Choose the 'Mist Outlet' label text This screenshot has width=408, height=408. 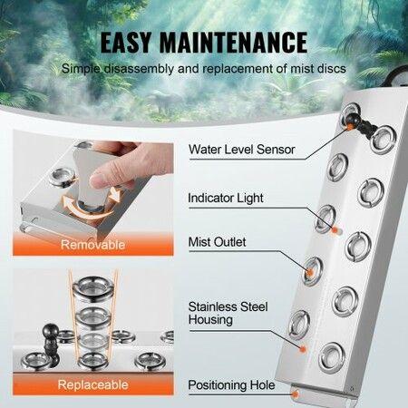[217, 242]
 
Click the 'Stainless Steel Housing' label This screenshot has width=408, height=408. [223, 313]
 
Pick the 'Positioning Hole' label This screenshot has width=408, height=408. [231, 385]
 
